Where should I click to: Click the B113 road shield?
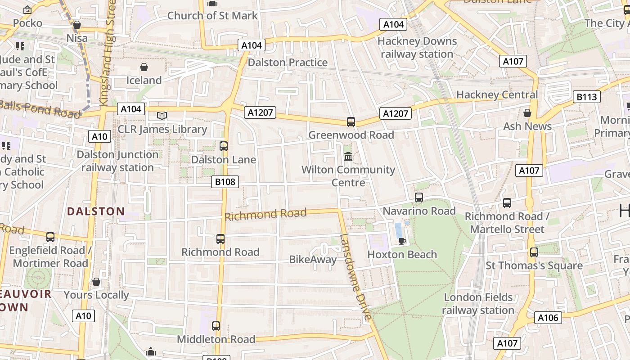pos(587,97)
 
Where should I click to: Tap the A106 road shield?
pos(548,318)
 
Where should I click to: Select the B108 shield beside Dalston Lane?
pos(225,182)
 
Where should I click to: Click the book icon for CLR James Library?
pos(162,116)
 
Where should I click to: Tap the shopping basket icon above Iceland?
pos(144,67)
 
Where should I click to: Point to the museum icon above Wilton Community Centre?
pos(348,157)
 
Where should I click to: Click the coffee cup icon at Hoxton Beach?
pos(402,241)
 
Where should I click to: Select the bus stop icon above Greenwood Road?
pos(351,122)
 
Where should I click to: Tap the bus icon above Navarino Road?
pos(419,198)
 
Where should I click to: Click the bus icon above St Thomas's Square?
pos(534,252)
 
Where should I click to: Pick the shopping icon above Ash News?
pos(527,113)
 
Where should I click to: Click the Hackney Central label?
pos(497,95)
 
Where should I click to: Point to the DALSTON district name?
pos(96,211)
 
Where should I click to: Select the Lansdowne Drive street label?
pos(355,276)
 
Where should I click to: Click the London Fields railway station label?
pos(478,304)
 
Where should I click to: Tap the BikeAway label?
pos(313,260)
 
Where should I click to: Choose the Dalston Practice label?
pos(288,63)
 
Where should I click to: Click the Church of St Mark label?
pos(212,16)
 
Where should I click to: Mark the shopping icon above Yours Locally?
pos(96,282)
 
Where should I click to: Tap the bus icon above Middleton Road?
pos(216,326)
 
